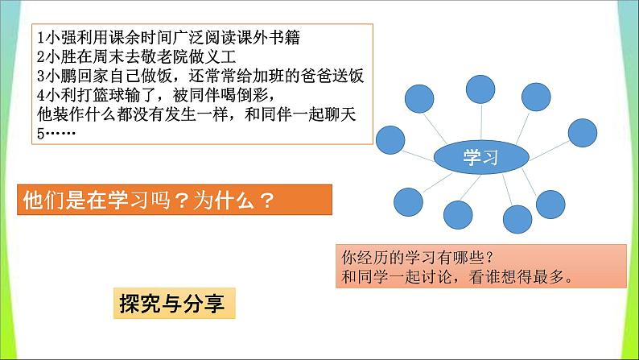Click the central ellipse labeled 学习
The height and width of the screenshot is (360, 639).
(x=481, y=157)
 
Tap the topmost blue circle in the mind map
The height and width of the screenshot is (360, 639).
(x=480, y=89)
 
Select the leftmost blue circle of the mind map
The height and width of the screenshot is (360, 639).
(x=390, y=140)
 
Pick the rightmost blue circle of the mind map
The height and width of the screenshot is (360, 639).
(x=583, y=133)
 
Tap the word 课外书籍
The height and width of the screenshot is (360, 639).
(x=269, y=38)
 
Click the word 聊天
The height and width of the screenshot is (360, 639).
(x=340, y=114)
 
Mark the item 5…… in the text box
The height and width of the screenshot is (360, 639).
(x=56, y=134)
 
